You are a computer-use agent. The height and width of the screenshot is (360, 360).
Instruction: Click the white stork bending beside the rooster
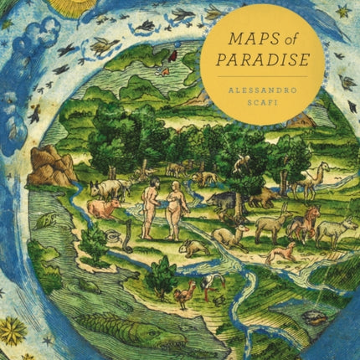click(212, 285)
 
